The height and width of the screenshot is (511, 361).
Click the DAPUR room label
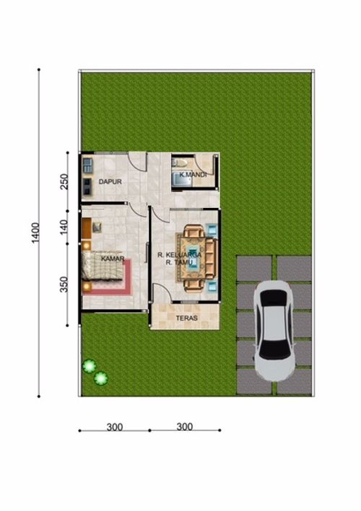pyautogui.click(x=110, y=182)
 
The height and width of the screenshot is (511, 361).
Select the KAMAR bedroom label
pyautogui.click(x=113, y=259)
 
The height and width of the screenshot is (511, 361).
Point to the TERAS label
pyautogui.click(x=186, y=318)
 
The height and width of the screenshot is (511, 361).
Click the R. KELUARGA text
pyautogui.click(x=179, y=255)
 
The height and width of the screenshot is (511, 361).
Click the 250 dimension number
pyautogui.click(x=64, y=182)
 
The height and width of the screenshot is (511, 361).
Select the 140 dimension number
pyautogui.click(x=64, y=227)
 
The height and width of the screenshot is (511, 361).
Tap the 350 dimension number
pyautogui.click(x=64, y=284)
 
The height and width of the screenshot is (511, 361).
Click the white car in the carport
pyautogui.click(x=274, y=331)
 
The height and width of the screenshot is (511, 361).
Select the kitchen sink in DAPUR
pyautogui.click(x=87, y=165)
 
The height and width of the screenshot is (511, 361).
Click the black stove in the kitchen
pyautogui.click(x=87, y=187)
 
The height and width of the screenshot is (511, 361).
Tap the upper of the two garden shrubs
pyautogui.click(x=89, y=366)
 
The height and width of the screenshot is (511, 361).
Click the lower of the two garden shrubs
pyautogui.click(x=101, y=378)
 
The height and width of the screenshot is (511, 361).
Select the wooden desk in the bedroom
pyautogui.click(x=87, y=228)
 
